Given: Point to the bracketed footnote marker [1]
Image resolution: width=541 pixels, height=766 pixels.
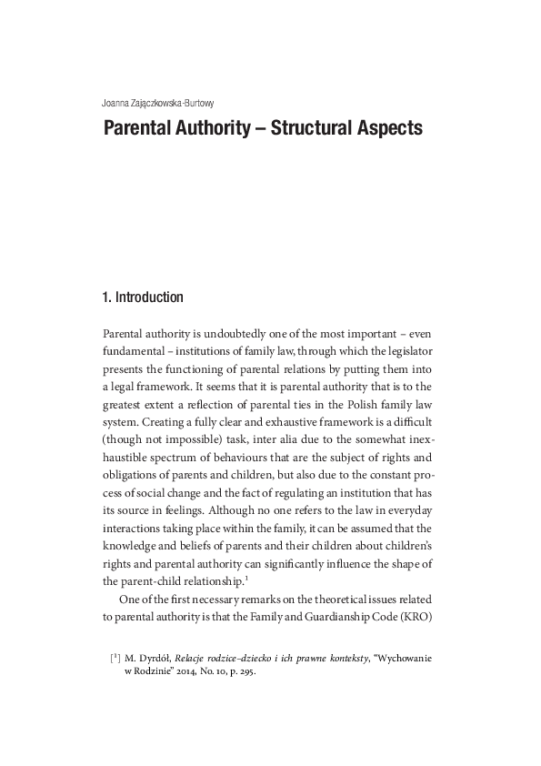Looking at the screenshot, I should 115,657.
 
